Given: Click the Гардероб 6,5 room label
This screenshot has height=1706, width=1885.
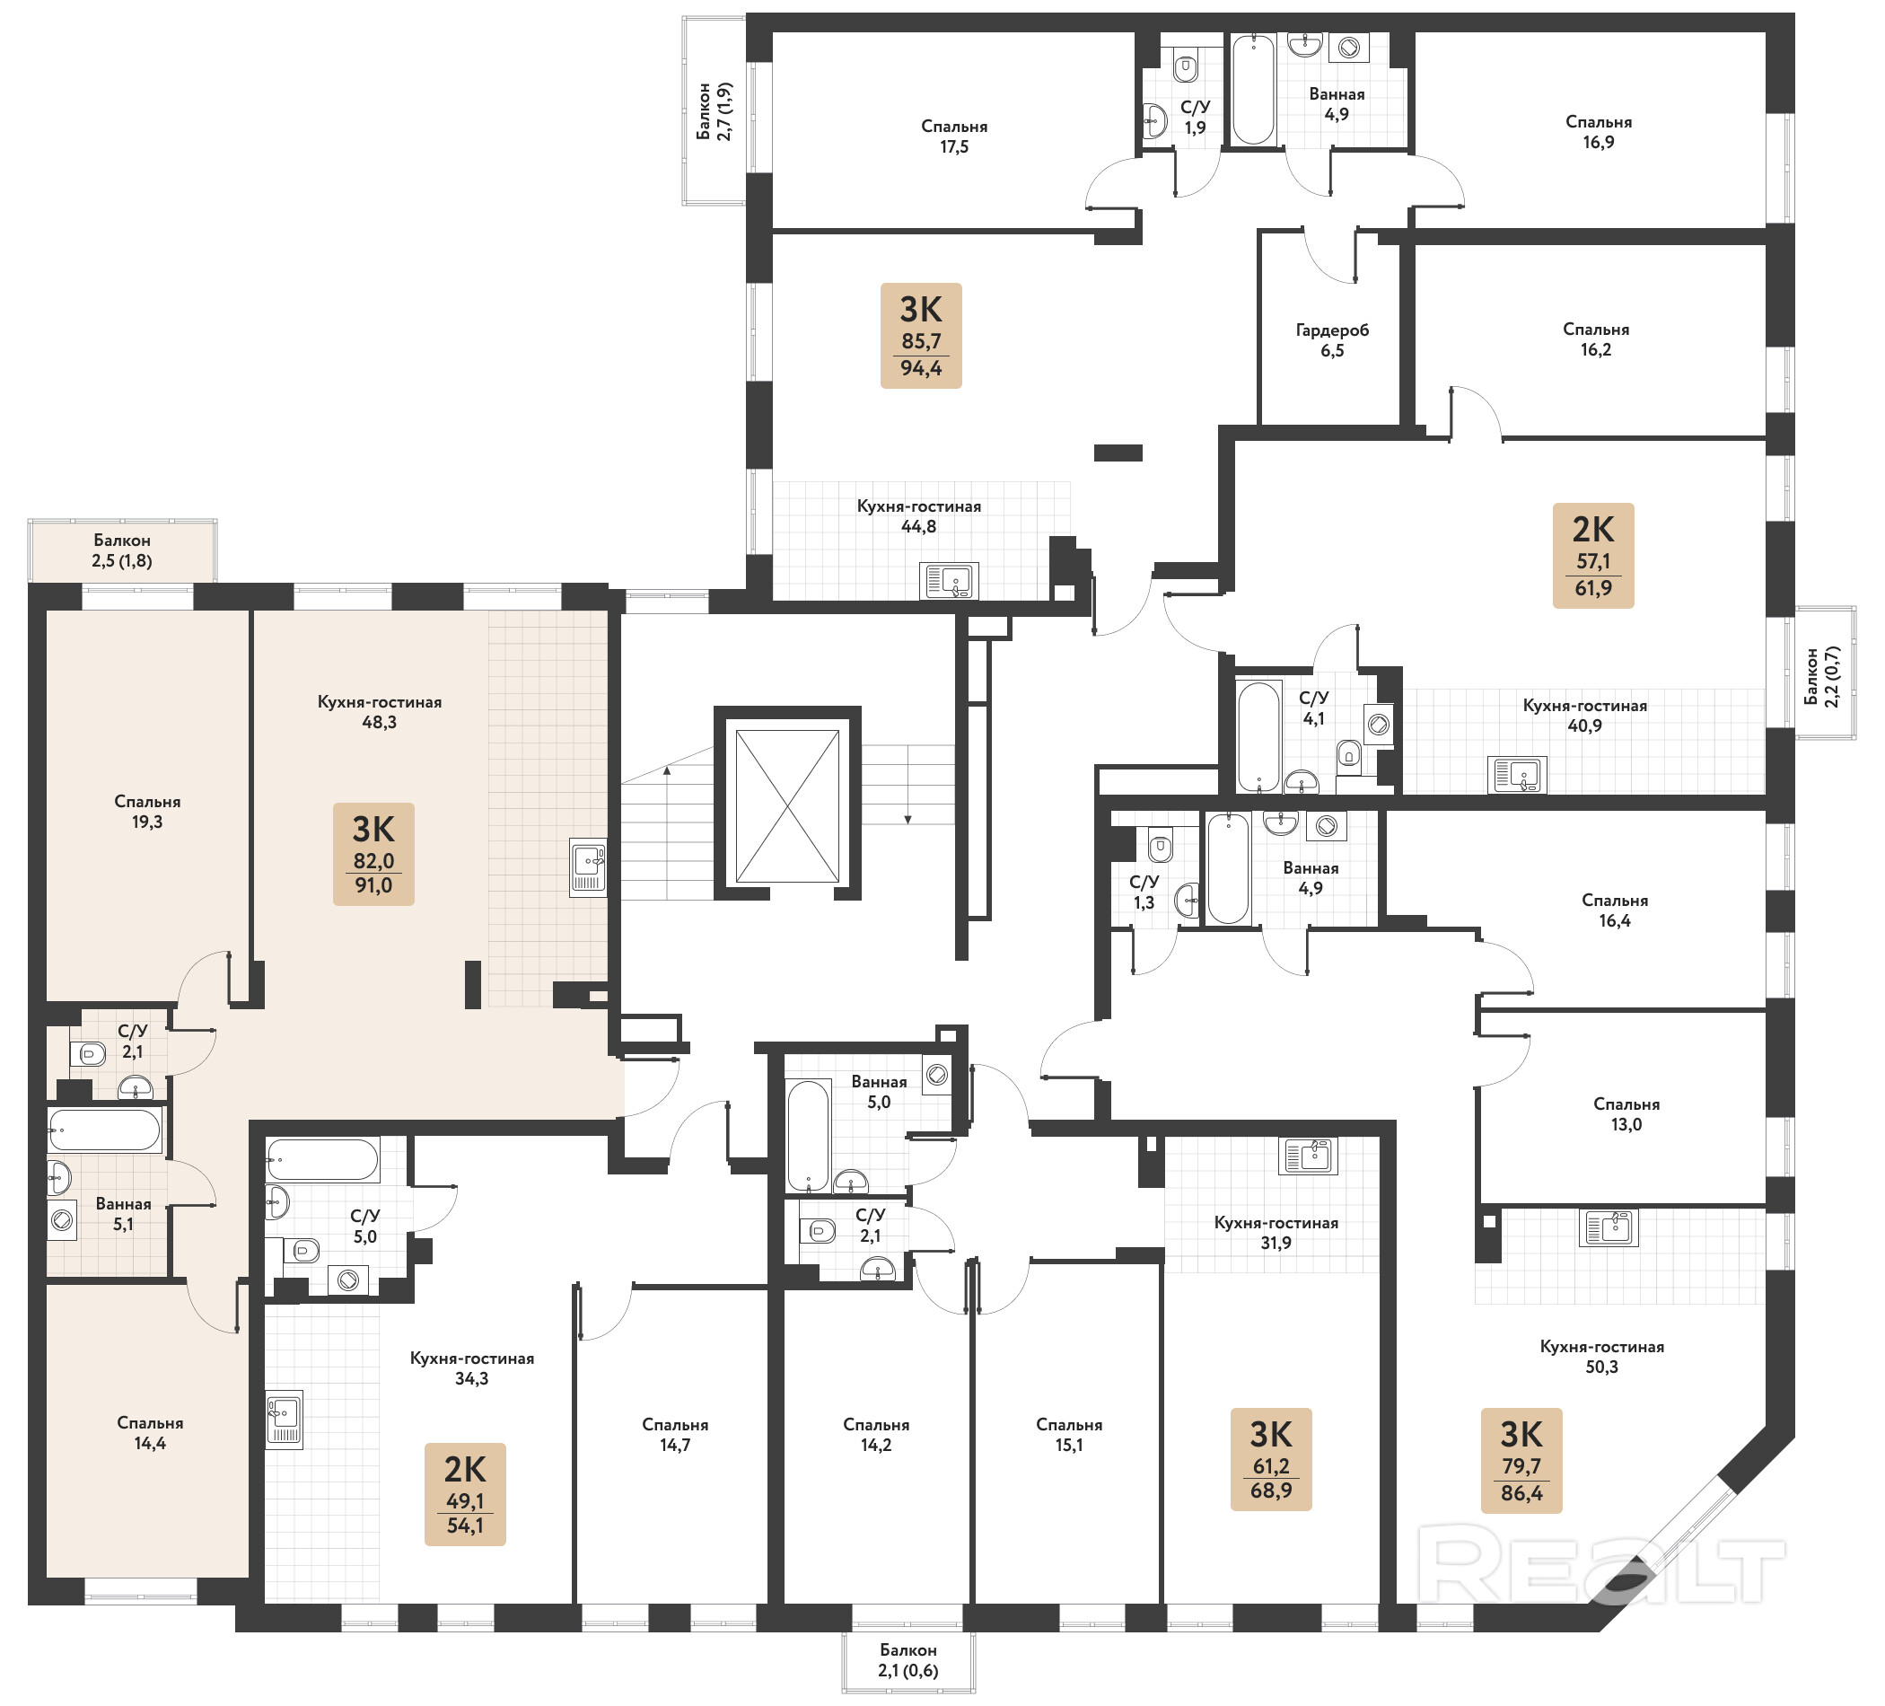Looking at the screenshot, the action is [x=1331, y=340].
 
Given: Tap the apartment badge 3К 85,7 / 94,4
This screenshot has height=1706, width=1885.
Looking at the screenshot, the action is [x=921, y=336].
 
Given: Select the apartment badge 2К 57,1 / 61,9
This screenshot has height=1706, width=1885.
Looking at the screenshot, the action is [x=1593, y=556].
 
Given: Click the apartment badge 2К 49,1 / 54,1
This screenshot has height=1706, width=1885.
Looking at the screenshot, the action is [x=465, y=1494].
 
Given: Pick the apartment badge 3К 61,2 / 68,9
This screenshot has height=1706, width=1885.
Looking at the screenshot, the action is [x=1271, y=1459].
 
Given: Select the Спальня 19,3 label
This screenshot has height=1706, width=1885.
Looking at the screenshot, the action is [x=147, y=812].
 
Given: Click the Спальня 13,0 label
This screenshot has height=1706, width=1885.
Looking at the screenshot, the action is [x=1626, y=1114].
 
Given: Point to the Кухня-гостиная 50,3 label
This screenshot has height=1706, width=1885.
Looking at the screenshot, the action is [x=1601, y=1356].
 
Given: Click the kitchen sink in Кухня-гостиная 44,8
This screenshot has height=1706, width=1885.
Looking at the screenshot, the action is [x=949, y=581].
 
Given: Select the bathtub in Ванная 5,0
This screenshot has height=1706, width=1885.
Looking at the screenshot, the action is [x=809, y=1136].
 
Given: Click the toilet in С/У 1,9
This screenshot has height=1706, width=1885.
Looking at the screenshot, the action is [x=1186, y=67].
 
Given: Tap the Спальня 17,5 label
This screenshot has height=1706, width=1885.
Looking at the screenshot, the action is [x=953, y=136].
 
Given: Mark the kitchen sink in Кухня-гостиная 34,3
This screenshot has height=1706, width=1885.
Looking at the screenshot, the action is [x=285, y=1420].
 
